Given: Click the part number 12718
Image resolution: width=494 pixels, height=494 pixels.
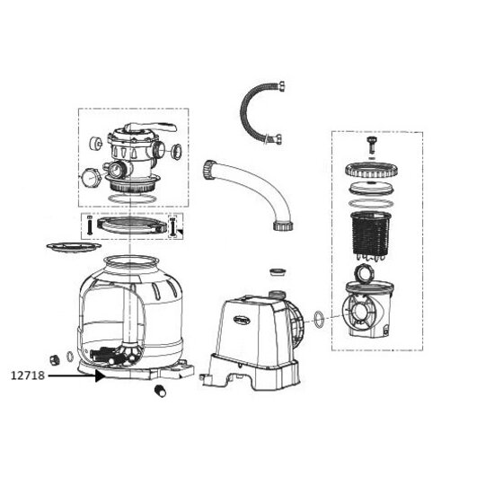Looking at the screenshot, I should tap(27, 377).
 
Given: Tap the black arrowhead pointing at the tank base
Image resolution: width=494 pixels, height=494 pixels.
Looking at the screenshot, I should tap(99, 377).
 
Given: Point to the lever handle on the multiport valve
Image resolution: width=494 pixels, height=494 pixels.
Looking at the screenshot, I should tap(144, 129).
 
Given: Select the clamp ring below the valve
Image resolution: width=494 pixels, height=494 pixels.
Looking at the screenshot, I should tap(131, 224).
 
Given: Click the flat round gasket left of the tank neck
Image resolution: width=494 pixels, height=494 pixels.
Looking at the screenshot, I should tap(70, 244).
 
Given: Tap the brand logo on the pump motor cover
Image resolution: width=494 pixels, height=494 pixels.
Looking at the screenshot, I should tap(245, 314).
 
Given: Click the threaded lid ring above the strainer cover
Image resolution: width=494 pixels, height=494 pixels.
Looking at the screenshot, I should tap(371, 167).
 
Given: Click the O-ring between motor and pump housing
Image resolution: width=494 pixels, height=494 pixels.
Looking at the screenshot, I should tap(321, 318).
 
